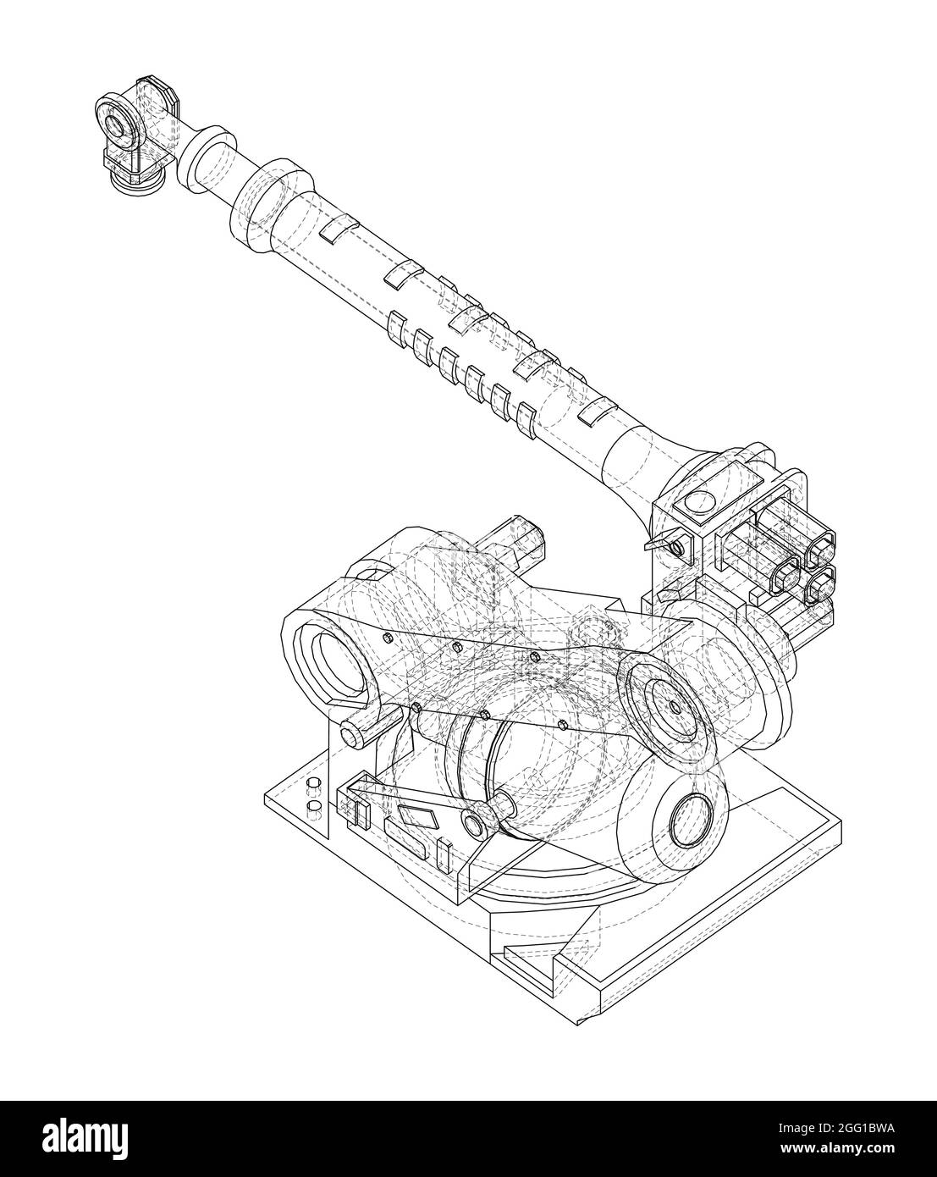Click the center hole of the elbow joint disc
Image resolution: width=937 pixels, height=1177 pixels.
click(674, 705)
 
